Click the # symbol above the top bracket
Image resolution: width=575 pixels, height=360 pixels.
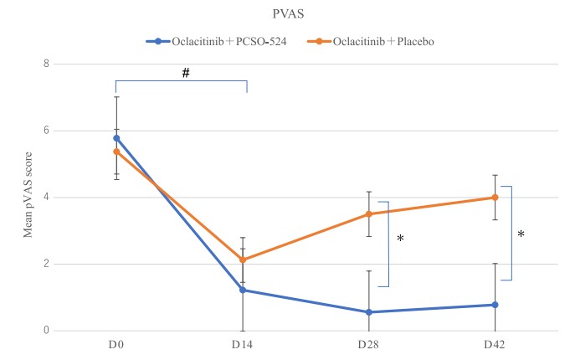(186, 74)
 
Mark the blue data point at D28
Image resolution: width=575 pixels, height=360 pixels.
(369, 312)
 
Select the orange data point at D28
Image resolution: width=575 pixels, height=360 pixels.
(369, 214)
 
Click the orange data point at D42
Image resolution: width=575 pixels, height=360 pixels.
(495, 198)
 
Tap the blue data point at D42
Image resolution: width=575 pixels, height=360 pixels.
(495, 305)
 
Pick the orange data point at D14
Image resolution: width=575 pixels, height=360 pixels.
(243, 260)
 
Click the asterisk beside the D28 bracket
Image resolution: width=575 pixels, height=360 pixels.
(400, 239)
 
